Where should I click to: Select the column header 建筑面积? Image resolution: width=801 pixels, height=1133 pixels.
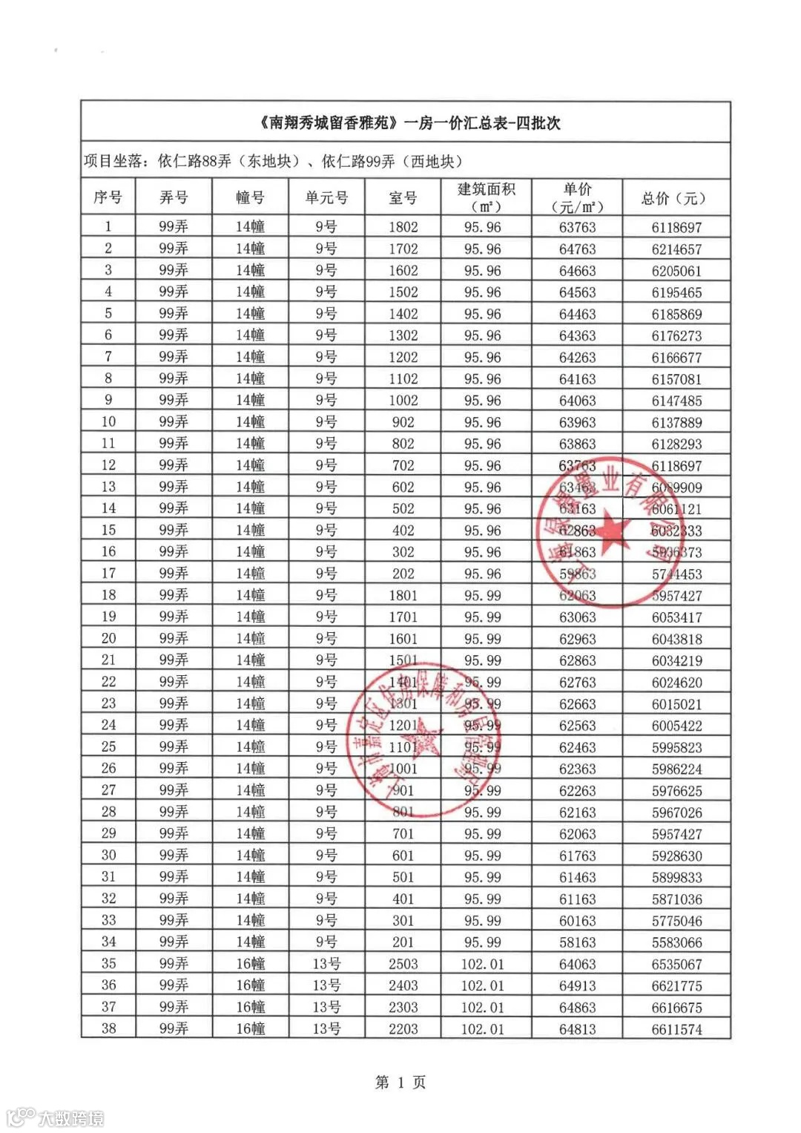486,190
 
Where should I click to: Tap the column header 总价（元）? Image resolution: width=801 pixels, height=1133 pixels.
675,198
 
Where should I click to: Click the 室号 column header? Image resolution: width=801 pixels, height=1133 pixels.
403,198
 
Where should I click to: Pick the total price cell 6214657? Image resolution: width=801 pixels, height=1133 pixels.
676,249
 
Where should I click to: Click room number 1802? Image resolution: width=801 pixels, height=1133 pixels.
403,227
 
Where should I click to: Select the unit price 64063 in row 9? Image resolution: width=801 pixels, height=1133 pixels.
577,401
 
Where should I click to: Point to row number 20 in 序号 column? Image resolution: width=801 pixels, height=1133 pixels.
108,638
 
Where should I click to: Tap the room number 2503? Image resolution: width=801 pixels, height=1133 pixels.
403,964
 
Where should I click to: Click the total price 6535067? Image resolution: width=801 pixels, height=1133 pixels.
676,965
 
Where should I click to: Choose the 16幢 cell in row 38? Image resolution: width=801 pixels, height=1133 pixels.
250,1029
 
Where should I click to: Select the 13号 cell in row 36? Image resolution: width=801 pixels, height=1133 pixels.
326,985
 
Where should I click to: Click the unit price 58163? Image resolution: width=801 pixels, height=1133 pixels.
577,942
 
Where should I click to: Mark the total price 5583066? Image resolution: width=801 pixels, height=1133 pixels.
676,943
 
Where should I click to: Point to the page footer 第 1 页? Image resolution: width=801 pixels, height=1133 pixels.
400,1083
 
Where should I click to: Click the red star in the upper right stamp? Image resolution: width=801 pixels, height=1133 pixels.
613,531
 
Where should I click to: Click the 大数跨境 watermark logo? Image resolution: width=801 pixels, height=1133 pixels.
56,1117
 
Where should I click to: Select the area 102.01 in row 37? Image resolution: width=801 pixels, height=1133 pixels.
482,1008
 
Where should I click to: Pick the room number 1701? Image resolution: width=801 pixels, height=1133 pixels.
403,617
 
